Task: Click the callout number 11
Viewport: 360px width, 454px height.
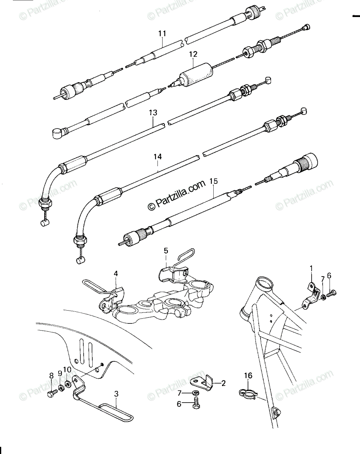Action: click(x=162, y=34)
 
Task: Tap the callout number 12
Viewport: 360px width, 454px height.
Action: click(x=193, y=54)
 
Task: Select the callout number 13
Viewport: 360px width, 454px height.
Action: click(x=153, y=112)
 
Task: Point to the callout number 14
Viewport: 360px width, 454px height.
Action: click(x=158, y=157)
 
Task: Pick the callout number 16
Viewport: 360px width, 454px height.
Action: click(x=248, y=376)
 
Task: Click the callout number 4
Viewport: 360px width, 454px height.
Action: click(x=116, y=274)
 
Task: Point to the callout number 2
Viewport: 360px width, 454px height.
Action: click(x=223, y=383)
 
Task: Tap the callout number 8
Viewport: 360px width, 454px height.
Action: click(x=51, y=376)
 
